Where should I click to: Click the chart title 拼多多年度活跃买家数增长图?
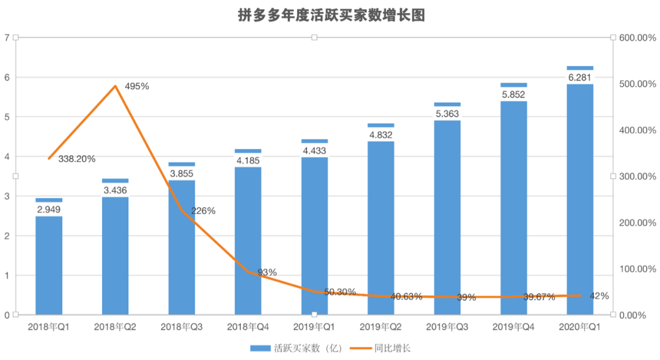pos(331,15)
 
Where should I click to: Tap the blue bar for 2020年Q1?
pos(580,202)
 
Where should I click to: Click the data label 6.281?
pos(580,77)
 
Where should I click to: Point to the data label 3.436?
pos(115,190)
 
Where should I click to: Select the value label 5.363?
pos(447,114)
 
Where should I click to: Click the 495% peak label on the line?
pos(137,86)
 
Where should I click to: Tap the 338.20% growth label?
pos(77,159)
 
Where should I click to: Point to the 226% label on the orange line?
pos(204,211)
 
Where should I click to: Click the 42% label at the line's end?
pos(599,296)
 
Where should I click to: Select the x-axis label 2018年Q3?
pos(182,328)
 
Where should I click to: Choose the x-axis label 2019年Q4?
pos(513,328)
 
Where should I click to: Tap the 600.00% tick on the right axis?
pos(637,38)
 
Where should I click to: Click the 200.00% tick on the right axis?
pos(637,222)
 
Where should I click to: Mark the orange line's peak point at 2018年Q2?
pos(116,86)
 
